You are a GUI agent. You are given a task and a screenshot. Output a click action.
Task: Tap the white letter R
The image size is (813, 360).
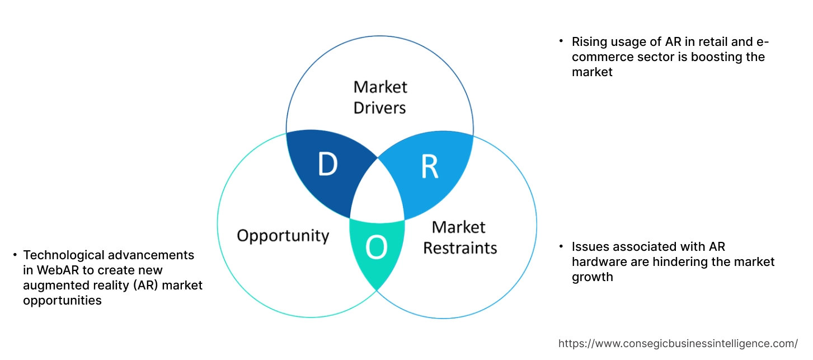click(429, 167)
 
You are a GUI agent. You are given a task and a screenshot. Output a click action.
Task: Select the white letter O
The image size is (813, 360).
click(377, 248)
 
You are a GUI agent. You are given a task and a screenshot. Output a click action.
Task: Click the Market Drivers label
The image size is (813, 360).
click(380, 97)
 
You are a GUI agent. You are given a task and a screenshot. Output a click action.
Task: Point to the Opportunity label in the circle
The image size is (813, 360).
click(283, 235)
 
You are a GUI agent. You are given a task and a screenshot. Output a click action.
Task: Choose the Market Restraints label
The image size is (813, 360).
click(459, 237)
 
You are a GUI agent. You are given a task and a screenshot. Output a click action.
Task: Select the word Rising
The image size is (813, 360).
click(589, 42)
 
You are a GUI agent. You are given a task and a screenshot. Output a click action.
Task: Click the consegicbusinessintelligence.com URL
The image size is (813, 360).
click(678, 343)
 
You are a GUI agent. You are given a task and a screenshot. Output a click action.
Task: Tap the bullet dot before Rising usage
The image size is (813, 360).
click(561, 41)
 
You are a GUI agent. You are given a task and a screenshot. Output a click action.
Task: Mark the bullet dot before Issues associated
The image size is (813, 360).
click(561, 246)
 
